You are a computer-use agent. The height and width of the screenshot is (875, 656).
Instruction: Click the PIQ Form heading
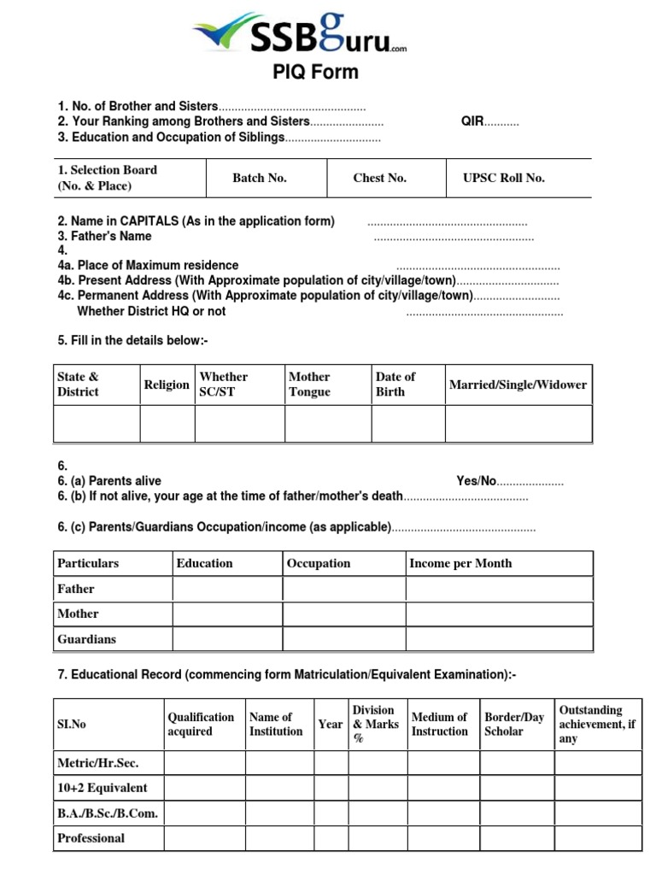point(315,73)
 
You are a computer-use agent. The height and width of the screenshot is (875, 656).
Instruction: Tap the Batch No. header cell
point(260,178)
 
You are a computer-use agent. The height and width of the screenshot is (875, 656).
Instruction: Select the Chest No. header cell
point(379,178)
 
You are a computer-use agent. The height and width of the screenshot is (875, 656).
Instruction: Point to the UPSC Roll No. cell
point(503,178)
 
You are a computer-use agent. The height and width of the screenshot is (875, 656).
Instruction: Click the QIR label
point(472,121)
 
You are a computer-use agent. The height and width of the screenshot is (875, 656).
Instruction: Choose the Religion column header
point(167,385)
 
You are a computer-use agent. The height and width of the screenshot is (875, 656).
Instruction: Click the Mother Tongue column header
point(309,385)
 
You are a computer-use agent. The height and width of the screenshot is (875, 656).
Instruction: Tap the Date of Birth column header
point(395,385)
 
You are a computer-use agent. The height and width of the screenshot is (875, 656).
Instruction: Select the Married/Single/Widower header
point(518,385)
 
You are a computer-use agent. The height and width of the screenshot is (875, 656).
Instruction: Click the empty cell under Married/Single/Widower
point(518,424)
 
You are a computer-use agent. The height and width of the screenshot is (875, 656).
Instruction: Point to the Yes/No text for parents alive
point(476,481)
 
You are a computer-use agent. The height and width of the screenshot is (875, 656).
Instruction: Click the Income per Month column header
point(460,563)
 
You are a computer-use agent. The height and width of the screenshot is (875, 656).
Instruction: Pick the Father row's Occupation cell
point(343,589)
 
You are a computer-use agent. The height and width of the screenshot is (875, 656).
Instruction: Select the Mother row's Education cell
point(226,614)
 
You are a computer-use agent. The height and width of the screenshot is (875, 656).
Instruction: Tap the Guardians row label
point(86,639)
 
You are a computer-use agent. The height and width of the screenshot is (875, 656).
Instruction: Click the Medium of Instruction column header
point(440,724)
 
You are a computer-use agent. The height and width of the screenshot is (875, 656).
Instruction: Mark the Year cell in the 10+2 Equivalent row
point(331,788)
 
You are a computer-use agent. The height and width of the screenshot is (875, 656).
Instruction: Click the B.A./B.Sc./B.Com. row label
point(107,813)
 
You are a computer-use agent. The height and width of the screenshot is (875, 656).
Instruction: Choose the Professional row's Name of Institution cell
point(280,838)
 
